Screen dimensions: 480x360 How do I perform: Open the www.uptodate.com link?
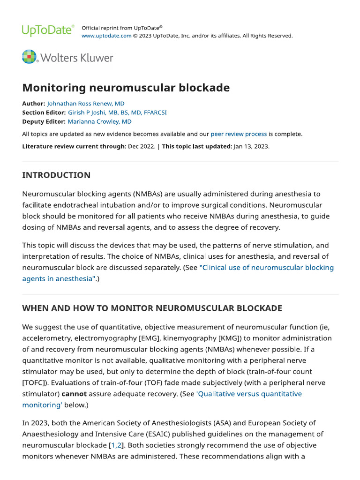(106, 36)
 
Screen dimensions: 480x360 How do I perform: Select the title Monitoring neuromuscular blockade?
(126, 88)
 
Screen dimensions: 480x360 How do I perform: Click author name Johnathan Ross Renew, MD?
(86, 104)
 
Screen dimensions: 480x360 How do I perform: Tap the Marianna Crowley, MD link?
(99, 121)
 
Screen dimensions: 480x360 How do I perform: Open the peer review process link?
(239, 134)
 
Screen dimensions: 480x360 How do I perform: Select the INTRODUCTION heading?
(56, 175)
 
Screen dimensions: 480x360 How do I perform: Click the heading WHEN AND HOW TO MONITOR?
(152, 308)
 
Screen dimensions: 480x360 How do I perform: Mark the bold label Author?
(34, 104)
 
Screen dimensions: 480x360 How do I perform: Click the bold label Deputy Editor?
(44, 121)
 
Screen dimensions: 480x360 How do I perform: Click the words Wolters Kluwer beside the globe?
(77, 58)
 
